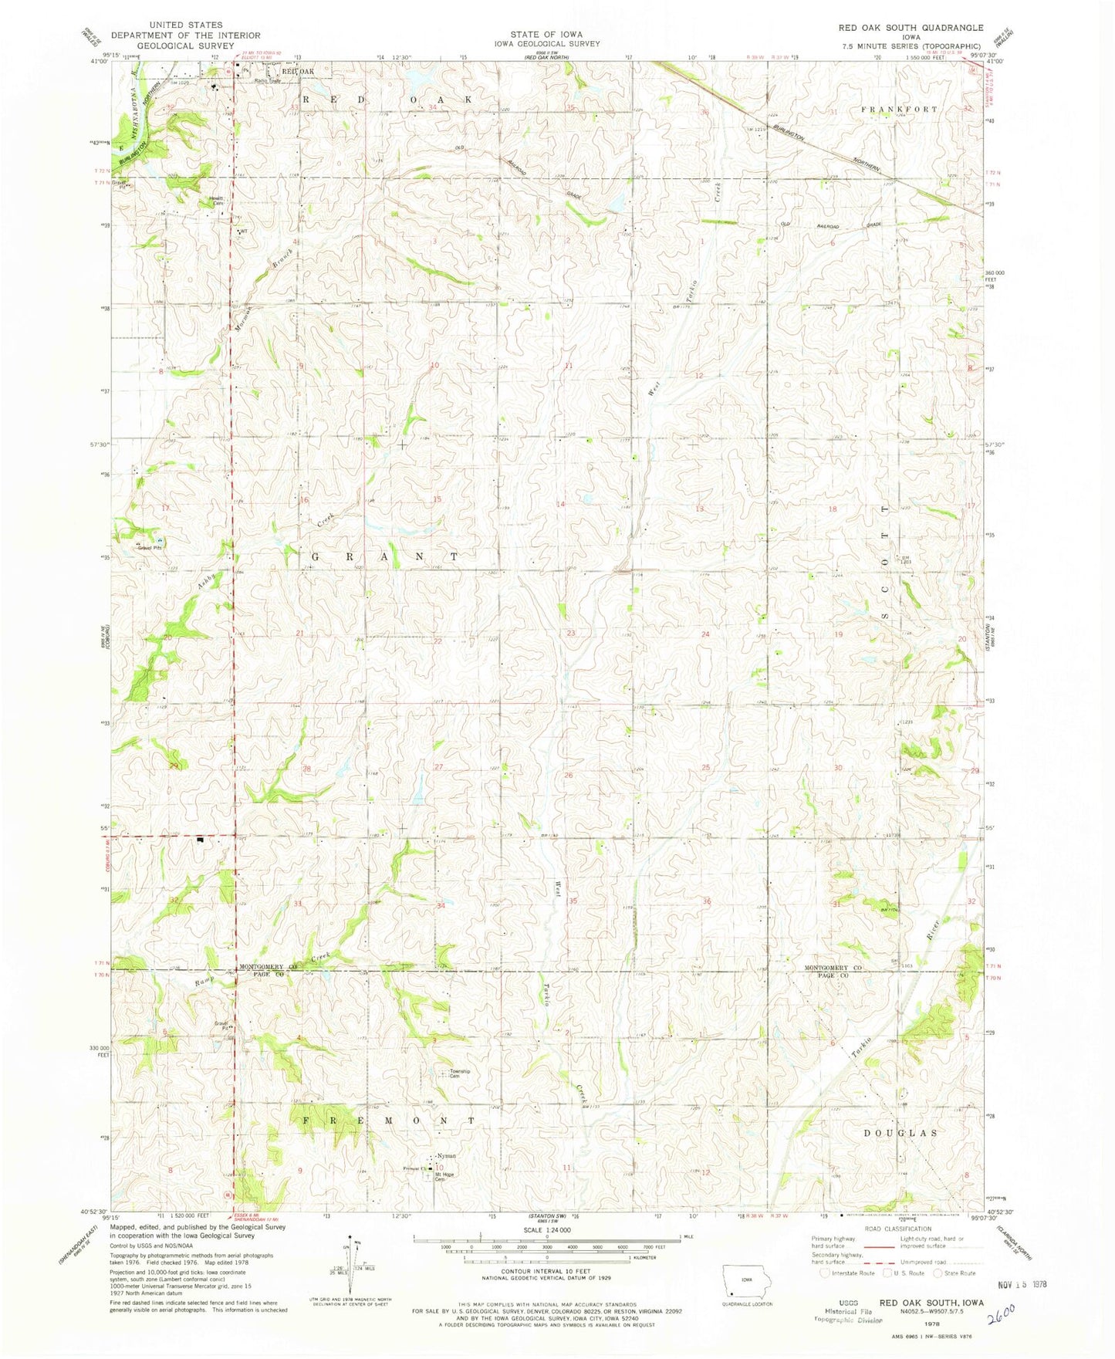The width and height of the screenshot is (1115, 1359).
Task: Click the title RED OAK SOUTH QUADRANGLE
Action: pyautogui.click(x=911, y=27)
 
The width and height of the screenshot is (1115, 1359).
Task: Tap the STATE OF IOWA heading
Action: pyautogui.click(x=546, y=34)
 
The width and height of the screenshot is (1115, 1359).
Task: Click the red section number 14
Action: pyautogui.click(x=561, y=504)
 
